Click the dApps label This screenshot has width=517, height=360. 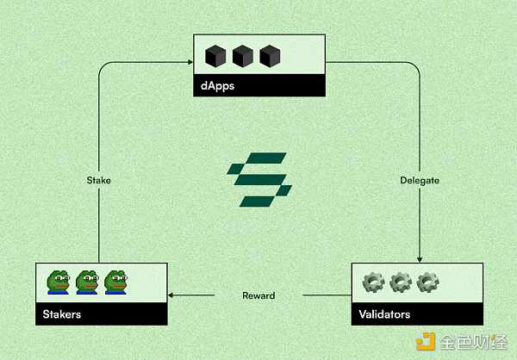[217, 86]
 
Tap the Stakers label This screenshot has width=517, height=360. [62, 314]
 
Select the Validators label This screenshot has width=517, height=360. [384, 314]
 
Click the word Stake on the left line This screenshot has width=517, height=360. [98, 180]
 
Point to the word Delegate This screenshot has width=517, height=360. [420, 180]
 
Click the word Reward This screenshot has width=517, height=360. [258, 295]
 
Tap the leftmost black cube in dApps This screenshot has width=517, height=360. [215, 56]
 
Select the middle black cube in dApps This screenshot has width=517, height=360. [243, 56]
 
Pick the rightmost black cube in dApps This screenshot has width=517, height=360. [270, 56]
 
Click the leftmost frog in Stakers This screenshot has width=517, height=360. [59, 282]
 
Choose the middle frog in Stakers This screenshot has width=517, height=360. [87, 282]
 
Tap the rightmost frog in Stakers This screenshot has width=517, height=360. [115, 282]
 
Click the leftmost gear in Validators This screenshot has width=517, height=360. [374, 282]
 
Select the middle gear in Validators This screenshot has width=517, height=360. [401, 282]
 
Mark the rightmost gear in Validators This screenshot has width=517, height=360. [427, 282]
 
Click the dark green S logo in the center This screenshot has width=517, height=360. [259, 180]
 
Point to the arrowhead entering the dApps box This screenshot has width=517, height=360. [190, 62]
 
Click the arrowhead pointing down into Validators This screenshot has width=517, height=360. [420, 260]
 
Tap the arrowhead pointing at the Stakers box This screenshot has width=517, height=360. [171, 295]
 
